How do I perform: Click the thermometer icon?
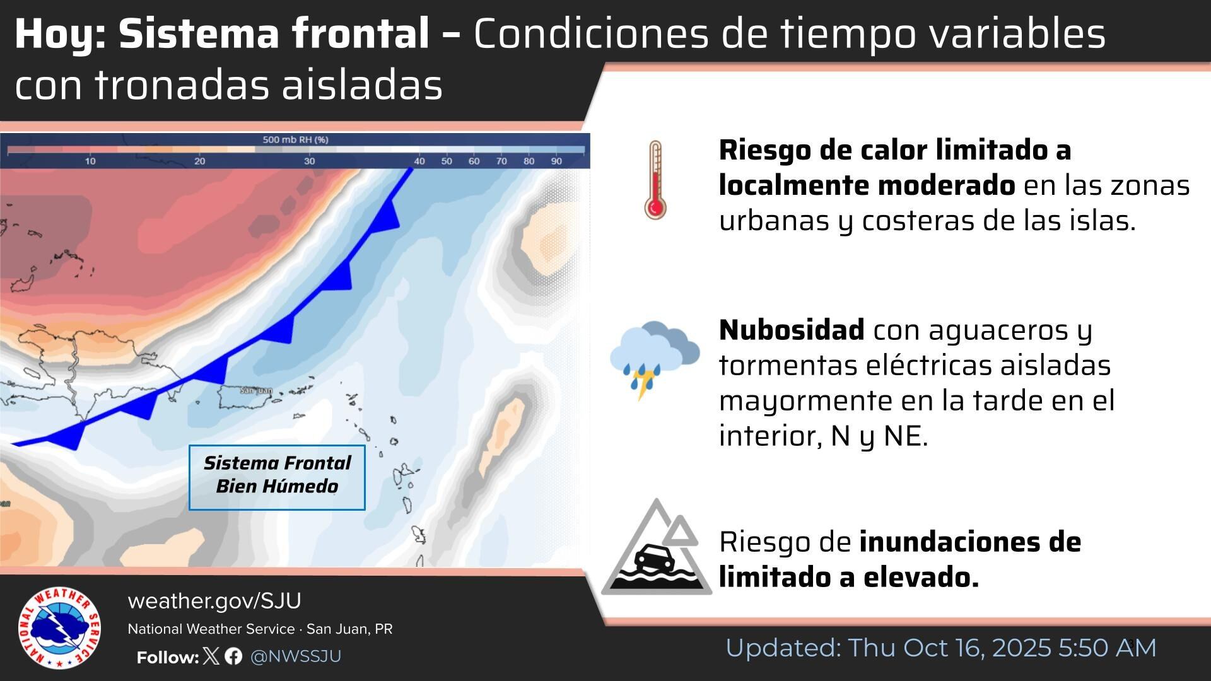(x=655, y=180)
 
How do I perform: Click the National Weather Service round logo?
(x=59, y=628)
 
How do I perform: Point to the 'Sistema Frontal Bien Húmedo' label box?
(x=277, y=477)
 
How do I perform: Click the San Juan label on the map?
(x=256, y=390)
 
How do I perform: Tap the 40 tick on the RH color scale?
(x=419, y=161)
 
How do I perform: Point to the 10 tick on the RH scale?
(x=91, y=161)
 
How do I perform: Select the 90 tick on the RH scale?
(x=556, y=161)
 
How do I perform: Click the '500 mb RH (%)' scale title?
(x=295, y=139)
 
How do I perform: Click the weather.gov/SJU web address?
(x=214, y=601)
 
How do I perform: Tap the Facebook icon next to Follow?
(x=233, y=656)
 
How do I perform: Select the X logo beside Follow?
(x=212, y=656)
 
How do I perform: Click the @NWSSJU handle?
(x=296, y=656)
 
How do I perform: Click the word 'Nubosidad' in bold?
(x=791, y=330)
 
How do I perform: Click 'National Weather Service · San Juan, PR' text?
(x=260, y=629)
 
